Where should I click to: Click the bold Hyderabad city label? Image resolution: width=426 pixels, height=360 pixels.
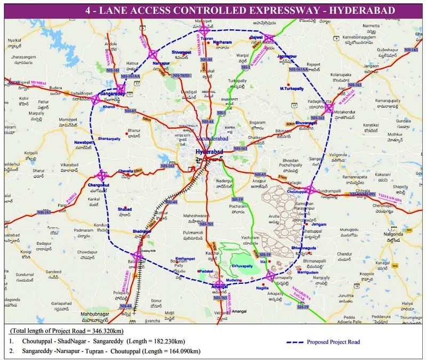pyautogui.click(x=208, y=152)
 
